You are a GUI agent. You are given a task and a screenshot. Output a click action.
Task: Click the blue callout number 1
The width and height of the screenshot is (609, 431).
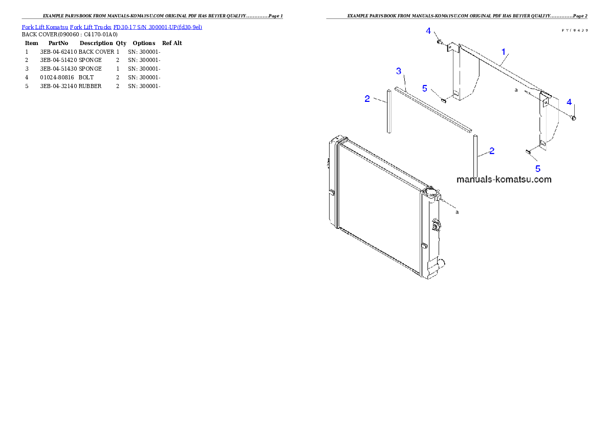click(x=504, y=52)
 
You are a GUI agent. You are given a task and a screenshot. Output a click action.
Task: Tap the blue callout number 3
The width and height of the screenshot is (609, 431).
click(x=399, y=71)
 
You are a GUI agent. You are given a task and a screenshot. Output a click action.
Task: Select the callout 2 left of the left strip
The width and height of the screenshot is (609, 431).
click(x=367, y=99)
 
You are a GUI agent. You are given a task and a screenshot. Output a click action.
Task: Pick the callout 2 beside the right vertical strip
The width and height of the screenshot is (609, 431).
click(x=491, y=150)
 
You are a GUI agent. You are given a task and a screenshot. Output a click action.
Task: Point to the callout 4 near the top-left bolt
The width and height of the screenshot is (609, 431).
click(x=428, y=31)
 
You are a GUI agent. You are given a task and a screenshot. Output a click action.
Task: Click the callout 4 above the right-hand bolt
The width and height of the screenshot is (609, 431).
click(x=569, y=102)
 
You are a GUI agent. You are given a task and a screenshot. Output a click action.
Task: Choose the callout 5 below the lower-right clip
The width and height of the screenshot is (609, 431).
click(x=537, y=168)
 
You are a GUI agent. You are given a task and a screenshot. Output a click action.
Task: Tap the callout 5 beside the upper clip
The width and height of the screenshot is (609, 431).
click(x=424, y=88)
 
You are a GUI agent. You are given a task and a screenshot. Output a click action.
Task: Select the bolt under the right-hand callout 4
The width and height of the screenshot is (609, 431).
click(x=573, y=118)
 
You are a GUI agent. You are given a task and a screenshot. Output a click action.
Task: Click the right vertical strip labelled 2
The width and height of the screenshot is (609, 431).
click(x=475, y=155)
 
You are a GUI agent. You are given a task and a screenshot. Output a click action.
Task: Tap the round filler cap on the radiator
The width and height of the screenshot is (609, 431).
click(x=430, y=193)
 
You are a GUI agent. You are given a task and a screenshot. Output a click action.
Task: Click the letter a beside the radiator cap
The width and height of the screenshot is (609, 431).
click(x=457, y=211)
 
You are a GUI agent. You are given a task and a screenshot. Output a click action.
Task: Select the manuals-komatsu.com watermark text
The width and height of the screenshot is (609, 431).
click(x=504, y=179)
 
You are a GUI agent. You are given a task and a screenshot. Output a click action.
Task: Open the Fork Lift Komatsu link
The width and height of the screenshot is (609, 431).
click(x=45, y=27)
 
